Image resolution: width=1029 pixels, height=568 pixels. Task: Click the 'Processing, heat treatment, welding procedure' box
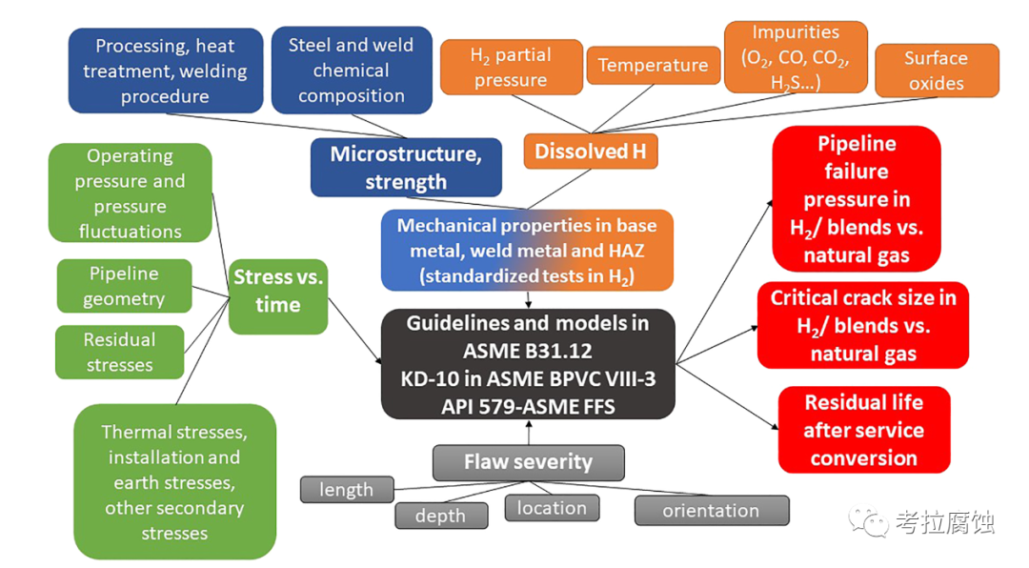pyautogui.click(x=165, y=71)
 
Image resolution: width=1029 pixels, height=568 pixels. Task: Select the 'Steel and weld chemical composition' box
pyautogui.click(x=352, y=71)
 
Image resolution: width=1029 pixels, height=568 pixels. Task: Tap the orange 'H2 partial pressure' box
pyautogui.click(x=511, y=67)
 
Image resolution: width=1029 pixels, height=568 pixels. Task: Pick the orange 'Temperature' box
pyautogui.click(x=653, y=65)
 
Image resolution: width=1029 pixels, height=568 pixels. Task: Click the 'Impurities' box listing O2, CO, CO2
pyautogui.click(x=796, y=57)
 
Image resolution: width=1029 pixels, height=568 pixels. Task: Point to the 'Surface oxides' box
pyautogui.click(x=936, y=71)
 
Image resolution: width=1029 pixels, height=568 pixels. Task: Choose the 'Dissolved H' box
pyautogui.click(x=590, y=151)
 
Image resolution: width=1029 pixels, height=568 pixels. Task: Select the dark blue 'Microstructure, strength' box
pyautogui.click(x=406, y=167)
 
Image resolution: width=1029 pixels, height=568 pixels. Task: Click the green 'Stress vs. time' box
pyautogui.click(x=278, y=292)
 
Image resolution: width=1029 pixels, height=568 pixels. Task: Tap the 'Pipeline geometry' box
pyautogui.click(x=124, y=286)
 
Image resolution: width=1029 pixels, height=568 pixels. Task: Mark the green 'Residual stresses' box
pyautogui.click(x=119, y=352)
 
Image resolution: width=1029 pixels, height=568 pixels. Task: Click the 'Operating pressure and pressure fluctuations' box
pyautogui.click(x=130, y=193)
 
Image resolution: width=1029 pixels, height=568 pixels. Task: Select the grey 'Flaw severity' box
pyautogui.click(x=528, y=462)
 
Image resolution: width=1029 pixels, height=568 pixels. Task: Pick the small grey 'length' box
pyautogui.click(x=347, y=490)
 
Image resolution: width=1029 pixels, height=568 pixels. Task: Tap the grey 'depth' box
pyautogui.click(x=440, y=516)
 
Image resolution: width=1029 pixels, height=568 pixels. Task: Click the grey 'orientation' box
pyautogui.click(x=711, y=510)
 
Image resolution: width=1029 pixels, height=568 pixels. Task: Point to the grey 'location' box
pyautogui.click(x=552, y=508)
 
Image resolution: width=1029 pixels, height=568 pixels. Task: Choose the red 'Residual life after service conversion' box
pyautogui.click(x=863, y=430)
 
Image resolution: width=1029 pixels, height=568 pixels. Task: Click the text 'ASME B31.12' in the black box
pyautogui.click(x=528, y=350)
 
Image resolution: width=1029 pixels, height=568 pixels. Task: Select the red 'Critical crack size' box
pyautogui.click(x=862, y=325)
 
